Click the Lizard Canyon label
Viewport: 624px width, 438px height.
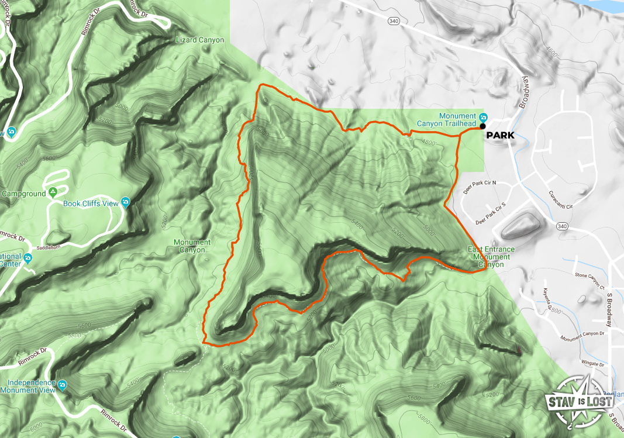click(x=199, y=40)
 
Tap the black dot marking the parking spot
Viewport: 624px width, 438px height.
click(x=482, y=126)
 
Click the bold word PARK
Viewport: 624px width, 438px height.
click(x=499, y=136)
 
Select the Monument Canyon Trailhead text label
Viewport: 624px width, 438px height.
click(x=446, y=119)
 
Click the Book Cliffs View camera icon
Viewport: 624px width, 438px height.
click(x=125, y=204)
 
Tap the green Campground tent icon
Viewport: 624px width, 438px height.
click(x=53, y=192)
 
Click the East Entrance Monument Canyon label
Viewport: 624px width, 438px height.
click(x=491, y=257)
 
